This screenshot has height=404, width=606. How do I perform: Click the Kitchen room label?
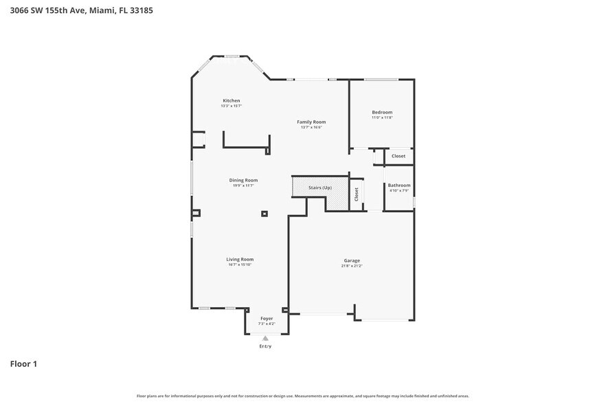[231, 100]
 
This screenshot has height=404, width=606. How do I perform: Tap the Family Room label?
[311, 122]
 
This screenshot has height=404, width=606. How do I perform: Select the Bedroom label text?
[382, 112]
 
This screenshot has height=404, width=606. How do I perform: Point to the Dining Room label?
[243, 180]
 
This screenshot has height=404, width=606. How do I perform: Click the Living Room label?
[240, 259]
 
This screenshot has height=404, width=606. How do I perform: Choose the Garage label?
[352, 260]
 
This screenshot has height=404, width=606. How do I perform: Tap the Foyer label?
[266, 319]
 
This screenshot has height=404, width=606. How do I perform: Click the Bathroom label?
[399, 185]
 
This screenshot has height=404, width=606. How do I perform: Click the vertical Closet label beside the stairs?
[356, 194]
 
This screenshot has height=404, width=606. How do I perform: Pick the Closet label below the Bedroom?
[399, 156]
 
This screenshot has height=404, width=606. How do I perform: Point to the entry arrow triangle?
[265, 338]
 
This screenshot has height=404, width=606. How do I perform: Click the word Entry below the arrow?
[265, 346]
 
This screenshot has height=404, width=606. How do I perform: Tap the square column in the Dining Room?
[264, 214]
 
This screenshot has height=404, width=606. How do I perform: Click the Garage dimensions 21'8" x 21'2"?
[352, 265]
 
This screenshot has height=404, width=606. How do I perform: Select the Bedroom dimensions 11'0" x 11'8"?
[382, 117]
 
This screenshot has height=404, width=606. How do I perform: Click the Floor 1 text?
[23, 363]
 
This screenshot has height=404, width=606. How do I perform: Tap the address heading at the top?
[76, 10]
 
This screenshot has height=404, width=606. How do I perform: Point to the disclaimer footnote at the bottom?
[303, 396]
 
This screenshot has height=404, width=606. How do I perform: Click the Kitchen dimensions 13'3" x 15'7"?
[231, 106]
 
